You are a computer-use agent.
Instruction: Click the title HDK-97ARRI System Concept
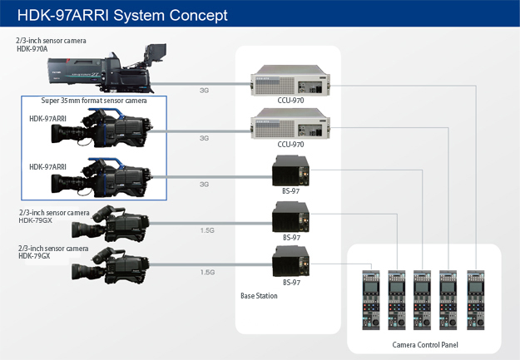(122, 15)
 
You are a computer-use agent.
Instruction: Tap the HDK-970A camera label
(32, 49)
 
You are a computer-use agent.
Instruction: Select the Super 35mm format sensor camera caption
(94, 101)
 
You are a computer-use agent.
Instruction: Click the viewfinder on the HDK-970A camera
(155, 52)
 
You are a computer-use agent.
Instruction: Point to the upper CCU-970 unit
(290, 80)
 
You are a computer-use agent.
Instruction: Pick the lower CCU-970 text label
(290, 144)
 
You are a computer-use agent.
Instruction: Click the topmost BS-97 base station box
(291, 170)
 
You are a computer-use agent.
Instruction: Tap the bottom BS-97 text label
(291, 283)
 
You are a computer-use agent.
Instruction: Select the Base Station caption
(259, 296)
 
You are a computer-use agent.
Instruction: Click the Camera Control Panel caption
(425, 345)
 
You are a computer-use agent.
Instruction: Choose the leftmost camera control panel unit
(371, 300)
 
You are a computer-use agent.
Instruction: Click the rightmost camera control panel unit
(476, 300)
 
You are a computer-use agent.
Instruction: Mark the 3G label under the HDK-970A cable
(204, 90)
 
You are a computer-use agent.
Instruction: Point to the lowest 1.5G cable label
(207, 272)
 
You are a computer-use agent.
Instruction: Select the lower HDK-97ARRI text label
(47, 167)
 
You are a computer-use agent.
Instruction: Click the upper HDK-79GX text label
(35, 220)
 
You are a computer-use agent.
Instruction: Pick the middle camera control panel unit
(422, 300)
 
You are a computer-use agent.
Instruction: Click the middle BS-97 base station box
(291, 217)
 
